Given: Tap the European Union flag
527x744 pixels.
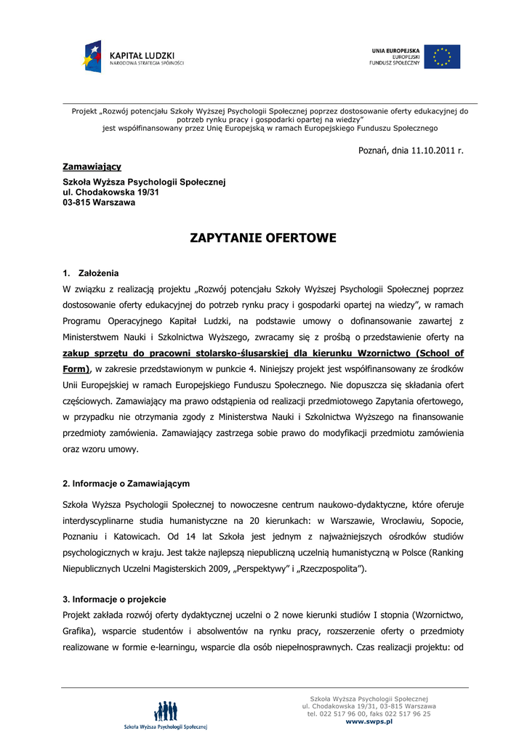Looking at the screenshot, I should tap(442, 57).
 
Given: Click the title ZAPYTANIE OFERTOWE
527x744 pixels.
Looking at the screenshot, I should tap(263, 238).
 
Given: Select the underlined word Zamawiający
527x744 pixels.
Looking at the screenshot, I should tap(92, 167).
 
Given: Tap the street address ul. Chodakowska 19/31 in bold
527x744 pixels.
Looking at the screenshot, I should tap(110, 193).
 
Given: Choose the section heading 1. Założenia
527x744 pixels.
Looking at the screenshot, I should tap(91, 273).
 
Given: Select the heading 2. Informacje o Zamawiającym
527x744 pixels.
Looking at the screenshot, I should tap(126, 483).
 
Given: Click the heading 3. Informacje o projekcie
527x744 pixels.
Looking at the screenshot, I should tap(115, 599).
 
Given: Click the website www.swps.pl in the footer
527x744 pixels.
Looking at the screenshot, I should tap(369, 721).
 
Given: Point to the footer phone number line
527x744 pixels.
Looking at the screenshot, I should tap(369, 713).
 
